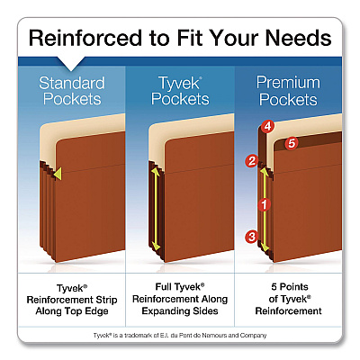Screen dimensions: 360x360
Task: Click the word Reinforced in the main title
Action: (x=85, y=38)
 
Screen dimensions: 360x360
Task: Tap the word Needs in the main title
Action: (x=298, y=38)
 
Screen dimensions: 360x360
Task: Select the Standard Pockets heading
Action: (x=72, y=91)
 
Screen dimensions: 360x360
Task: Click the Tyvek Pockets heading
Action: (x=180, y=91)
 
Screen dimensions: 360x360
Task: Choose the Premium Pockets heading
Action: (x=288, y=91)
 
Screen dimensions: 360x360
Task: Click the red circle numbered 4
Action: (x=267, y=126)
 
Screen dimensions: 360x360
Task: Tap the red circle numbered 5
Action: (x=292, y=143)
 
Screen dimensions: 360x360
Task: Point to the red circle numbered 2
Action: (x=252, y=161)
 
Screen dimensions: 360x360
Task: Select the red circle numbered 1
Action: (x=264, y=205)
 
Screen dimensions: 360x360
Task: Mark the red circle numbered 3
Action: (x=252, y=237)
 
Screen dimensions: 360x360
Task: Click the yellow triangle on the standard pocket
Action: (x=58, y=174)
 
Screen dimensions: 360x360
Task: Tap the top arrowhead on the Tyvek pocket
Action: (x=155, y=171)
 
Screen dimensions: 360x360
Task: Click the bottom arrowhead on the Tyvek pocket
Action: (x=156, y=246)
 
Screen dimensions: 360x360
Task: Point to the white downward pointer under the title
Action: (x=71, y=64)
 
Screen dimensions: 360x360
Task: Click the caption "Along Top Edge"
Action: (x=72, y=311)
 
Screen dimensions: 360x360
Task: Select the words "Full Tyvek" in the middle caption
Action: (x=179, y=287)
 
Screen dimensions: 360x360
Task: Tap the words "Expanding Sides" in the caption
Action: (x=180, y=310)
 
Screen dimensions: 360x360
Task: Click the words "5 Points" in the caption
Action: (x=290, y=287)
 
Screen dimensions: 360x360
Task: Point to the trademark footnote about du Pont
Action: (x=180, y=336)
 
